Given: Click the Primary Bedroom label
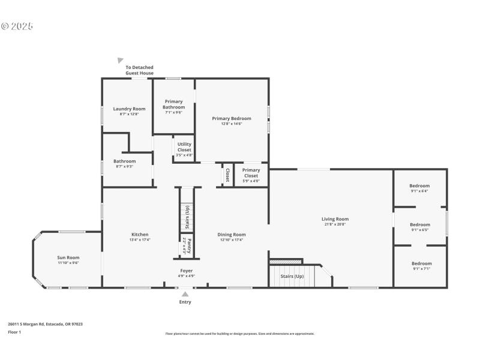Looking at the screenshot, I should [x=232, y=118].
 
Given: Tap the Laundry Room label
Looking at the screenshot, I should [x=129, y=109].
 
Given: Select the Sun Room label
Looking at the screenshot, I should [x=68, y=257].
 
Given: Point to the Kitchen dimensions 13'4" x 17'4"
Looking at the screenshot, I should [x=140, y=239].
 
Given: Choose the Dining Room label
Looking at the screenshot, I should [x=232, y=235].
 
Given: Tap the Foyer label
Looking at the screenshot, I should [x=186, y=271].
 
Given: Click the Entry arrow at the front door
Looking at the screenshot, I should [x=185, y=294].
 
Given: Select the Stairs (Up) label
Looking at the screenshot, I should [x=292, y=277].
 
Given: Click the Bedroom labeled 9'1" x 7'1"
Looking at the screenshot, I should [x=421, y=263].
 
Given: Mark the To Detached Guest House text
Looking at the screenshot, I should [x=139, y=70].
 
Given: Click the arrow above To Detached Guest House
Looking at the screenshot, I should [x=121, y=61].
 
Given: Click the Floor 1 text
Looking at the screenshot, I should [x=14, y=332].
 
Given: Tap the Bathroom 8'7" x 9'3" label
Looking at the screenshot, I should [x=125, y=161].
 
